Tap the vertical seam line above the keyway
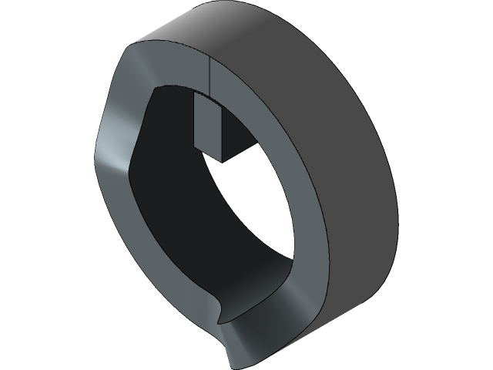(x=210, y=77)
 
